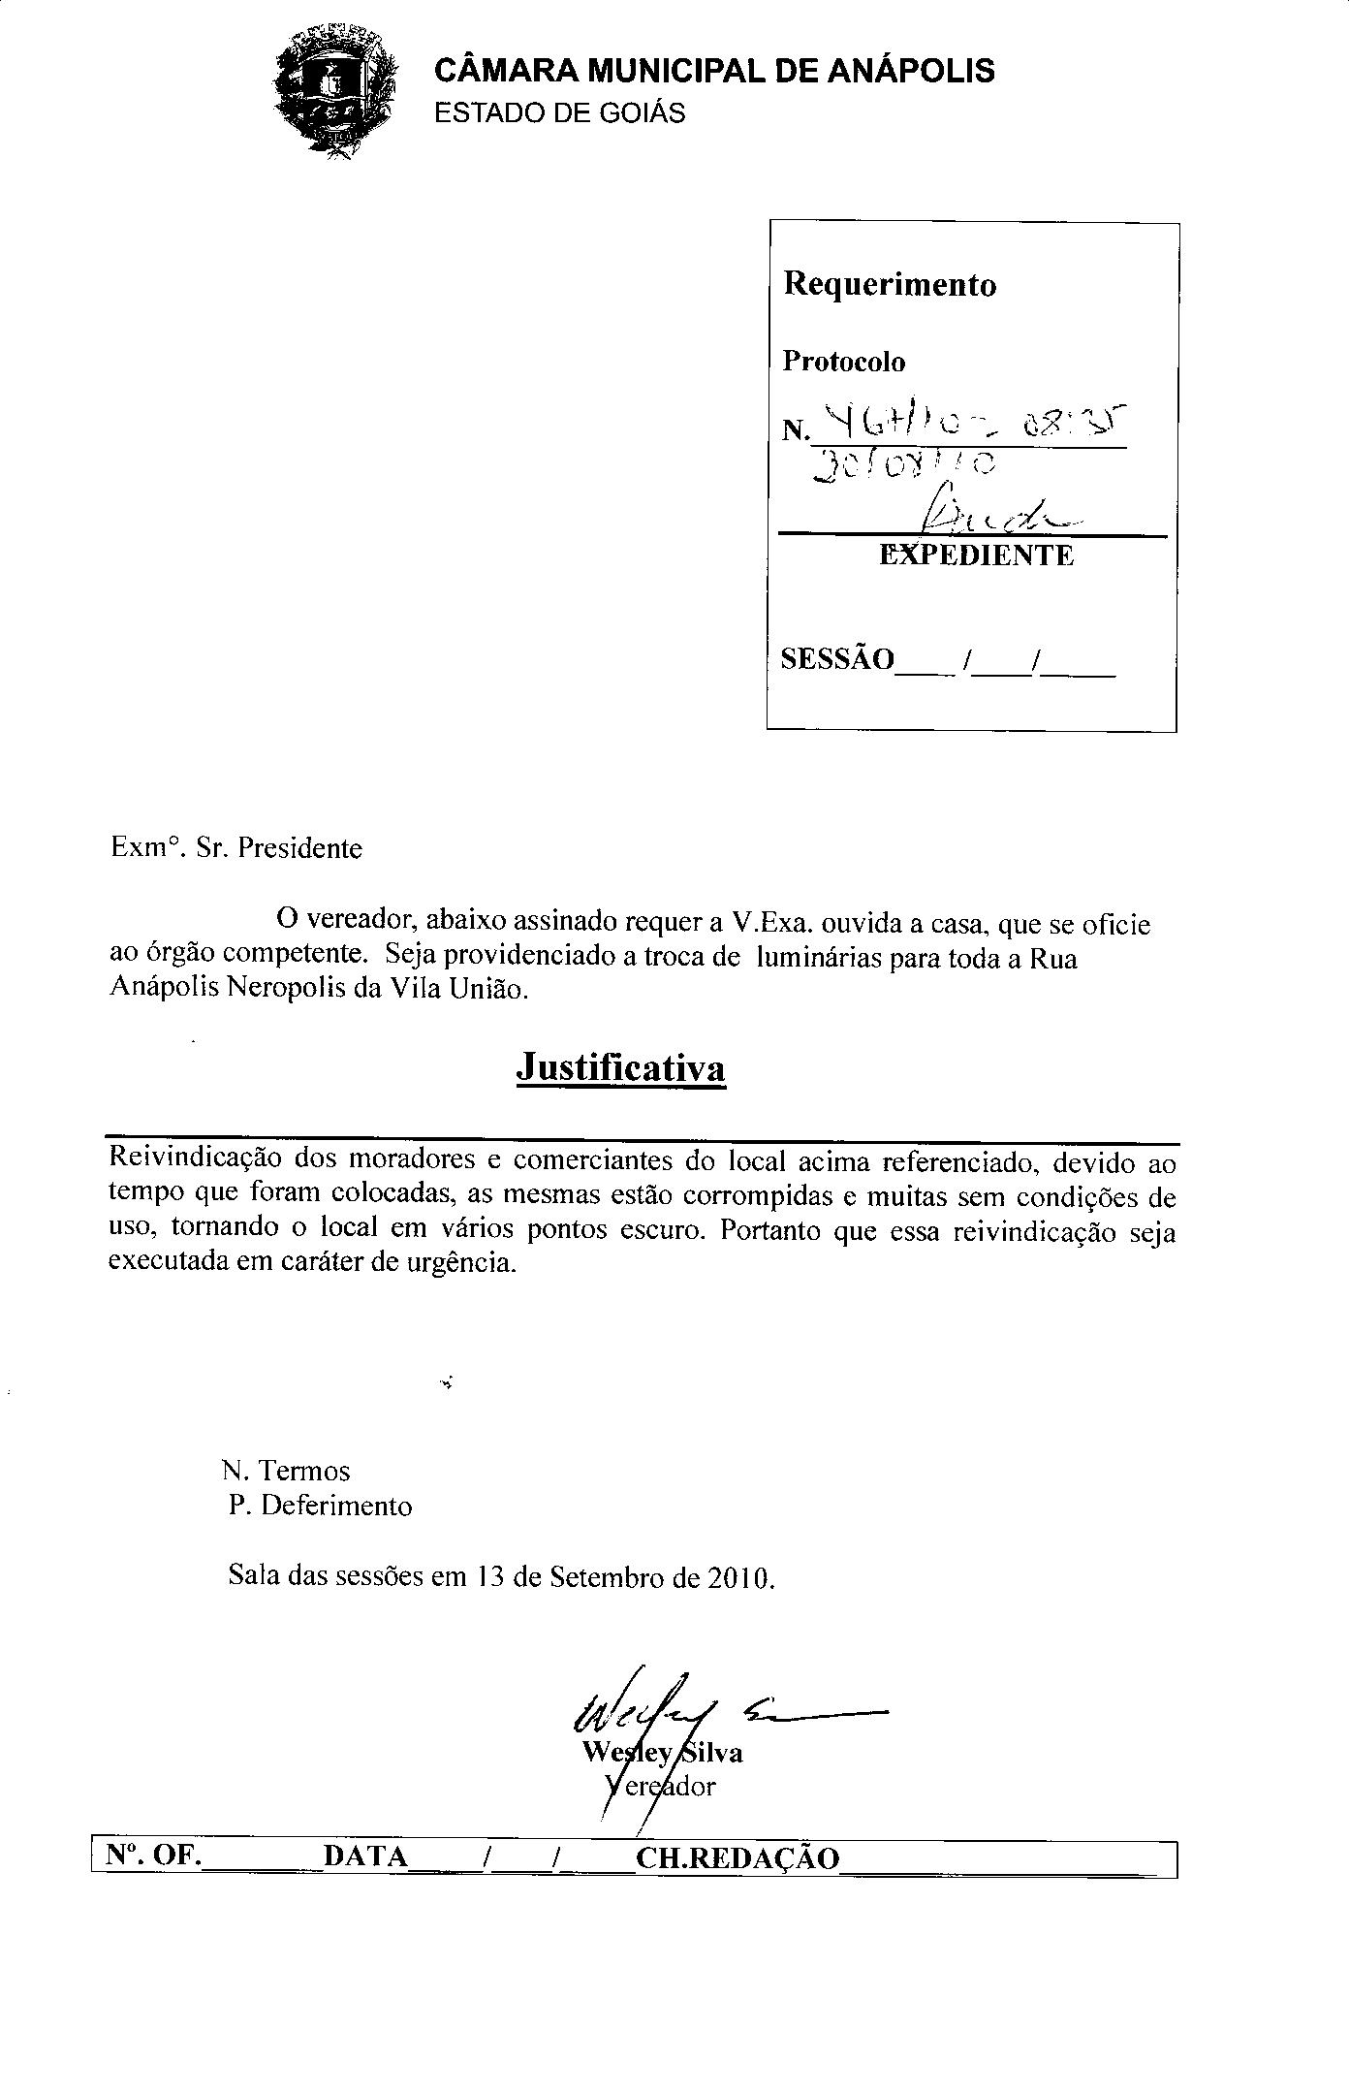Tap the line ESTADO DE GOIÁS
tap(559, 113)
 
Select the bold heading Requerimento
tap(889, 284)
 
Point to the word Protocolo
tap(843, 362)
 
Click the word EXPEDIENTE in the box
tap(976, 555)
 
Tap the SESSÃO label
tap(837, 659)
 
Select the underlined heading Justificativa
tap(620, 1067)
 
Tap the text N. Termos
tap(286, 1471)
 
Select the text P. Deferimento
tap(321, 1506)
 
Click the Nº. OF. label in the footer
tap(153, 1856)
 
